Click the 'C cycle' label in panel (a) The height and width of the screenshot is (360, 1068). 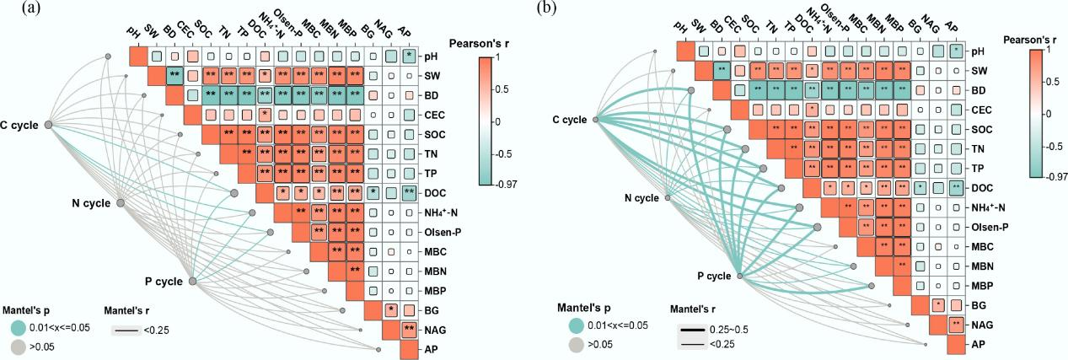19,126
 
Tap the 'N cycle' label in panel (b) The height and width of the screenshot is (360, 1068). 641,198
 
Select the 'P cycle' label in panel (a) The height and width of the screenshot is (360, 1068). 164,282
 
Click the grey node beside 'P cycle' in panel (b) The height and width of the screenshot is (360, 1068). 739,276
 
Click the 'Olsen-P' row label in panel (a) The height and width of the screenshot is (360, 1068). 443,232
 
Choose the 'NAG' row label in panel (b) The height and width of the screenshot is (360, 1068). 982,325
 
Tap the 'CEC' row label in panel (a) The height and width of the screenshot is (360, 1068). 434,115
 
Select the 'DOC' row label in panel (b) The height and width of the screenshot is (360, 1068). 982,188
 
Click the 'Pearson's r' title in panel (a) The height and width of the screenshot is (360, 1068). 479,44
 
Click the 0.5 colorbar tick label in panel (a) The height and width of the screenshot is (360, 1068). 502,89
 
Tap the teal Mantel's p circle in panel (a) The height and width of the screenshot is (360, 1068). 18,328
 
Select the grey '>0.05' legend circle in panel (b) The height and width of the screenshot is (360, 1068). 577,344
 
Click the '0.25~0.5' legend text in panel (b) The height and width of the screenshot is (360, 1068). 728,330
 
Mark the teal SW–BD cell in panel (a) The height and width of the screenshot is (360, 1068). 175,75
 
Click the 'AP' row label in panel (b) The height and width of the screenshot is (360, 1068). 979,344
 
